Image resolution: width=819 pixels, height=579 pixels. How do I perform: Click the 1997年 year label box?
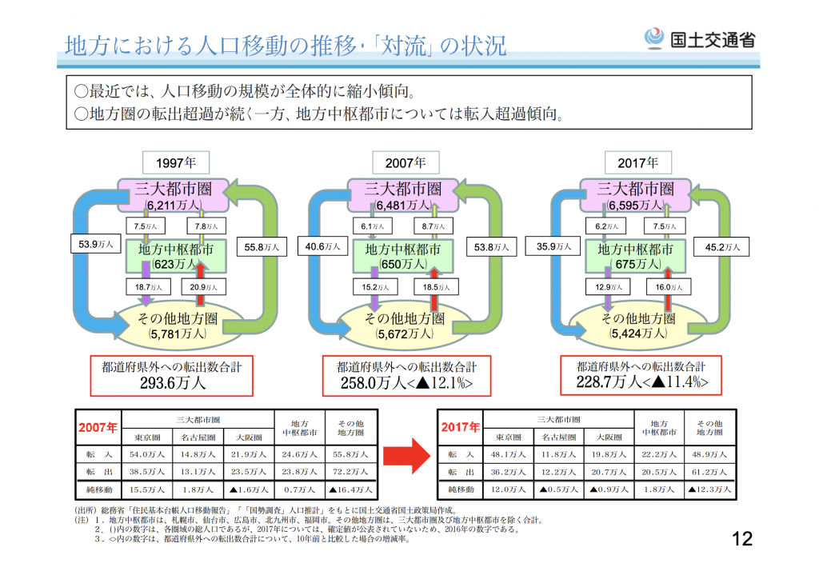coord(176,162)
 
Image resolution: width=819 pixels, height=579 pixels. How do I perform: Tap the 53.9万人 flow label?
coord(96,244)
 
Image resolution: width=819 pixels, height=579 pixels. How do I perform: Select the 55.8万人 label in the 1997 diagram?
coord(262,247)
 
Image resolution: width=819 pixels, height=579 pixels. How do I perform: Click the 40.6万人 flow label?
coord(322,246)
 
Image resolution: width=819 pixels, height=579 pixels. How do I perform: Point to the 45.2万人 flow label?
coord(721,247)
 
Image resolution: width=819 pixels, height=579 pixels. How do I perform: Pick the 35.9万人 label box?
coord(553,246)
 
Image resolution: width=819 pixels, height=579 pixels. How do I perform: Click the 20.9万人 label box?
coord(203,287)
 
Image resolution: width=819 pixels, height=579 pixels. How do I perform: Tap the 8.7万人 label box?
coord(433,226)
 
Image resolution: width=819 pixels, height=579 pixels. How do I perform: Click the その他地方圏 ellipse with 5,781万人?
coord(178,325)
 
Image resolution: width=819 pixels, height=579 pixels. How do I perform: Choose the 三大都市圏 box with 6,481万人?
coord(403,195)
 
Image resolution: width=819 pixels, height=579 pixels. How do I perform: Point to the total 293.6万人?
coord(173,383)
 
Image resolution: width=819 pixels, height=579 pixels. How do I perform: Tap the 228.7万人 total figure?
coord(609,382)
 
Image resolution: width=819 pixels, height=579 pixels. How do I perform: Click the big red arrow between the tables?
coord(406,456)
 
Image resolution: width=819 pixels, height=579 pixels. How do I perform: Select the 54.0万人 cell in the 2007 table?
coord(147,454)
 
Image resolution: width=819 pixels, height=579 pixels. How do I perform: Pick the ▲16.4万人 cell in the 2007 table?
coord(350,489)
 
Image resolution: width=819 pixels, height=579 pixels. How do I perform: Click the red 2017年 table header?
coord(460,427)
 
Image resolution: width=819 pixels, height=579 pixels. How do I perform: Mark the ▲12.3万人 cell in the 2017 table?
coord(709,489)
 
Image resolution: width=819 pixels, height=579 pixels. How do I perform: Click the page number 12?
coord(742,539)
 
